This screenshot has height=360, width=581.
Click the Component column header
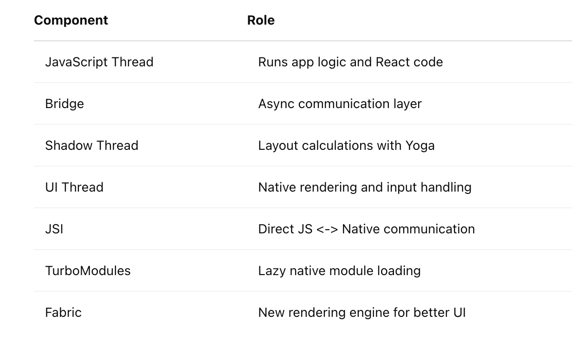(x=71, y=20)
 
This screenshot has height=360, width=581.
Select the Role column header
(x=261, y=20)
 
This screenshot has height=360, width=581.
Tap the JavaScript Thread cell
(x=99, y=63)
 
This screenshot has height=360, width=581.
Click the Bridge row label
(x=65, y=104)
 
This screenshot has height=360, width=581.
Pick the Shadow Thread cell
(x=91, y=146)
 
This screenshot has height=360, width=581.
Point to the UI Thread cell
(x=74, y=187)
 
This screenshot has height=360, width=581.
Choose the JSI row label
(x=54, y=229)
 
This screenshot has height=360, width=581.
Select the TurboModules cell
(x=88, y=271)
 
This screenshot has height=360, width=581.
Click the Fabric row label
(x=63, y=313)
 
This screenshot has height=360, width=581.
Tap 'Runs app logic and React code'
(x=350, y=63)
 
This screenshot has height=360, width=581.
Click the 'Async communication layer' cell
(x=340, y=104)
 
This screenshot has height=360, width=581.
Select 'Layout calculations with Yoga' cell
(x=346, y=146)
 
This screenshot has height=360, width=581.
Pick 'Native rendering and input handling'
(x=365, y=188)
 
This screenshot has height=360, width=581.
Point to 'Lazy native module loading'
(x=339, y=271)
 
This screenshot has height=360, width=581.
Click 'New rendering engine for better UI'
(x=362, y=313)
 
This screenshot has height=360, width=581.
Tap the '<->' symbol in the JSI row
(x=327, y=230)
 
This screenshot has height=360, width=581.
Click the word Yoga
(x=420, y=146)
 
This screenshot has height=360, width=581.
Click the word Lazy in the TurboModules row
(x=272, y=271)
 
